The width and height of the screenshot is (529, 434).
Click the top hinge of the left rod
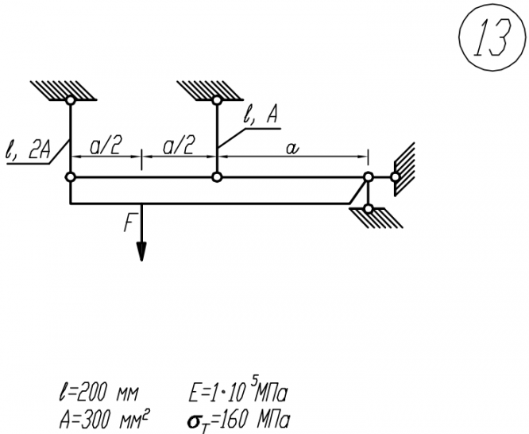(71, 101)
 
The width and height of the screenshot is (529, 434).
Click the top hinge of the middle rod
(217, 101)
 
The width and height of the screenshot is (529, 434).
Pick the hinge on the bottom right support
(367, 208)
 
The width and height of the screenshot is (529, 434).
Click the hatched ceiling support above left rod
(64, 88)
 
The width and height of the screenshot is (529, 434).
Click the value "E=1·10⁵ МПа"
(236, 391)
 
